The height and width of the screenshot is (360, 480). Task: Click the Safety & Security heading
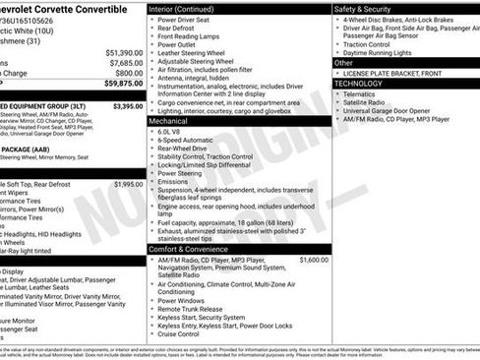367,8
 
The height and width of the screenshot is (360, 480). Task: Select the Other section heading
343,62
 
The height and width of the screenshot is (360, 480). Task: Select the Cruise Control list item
188,333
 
